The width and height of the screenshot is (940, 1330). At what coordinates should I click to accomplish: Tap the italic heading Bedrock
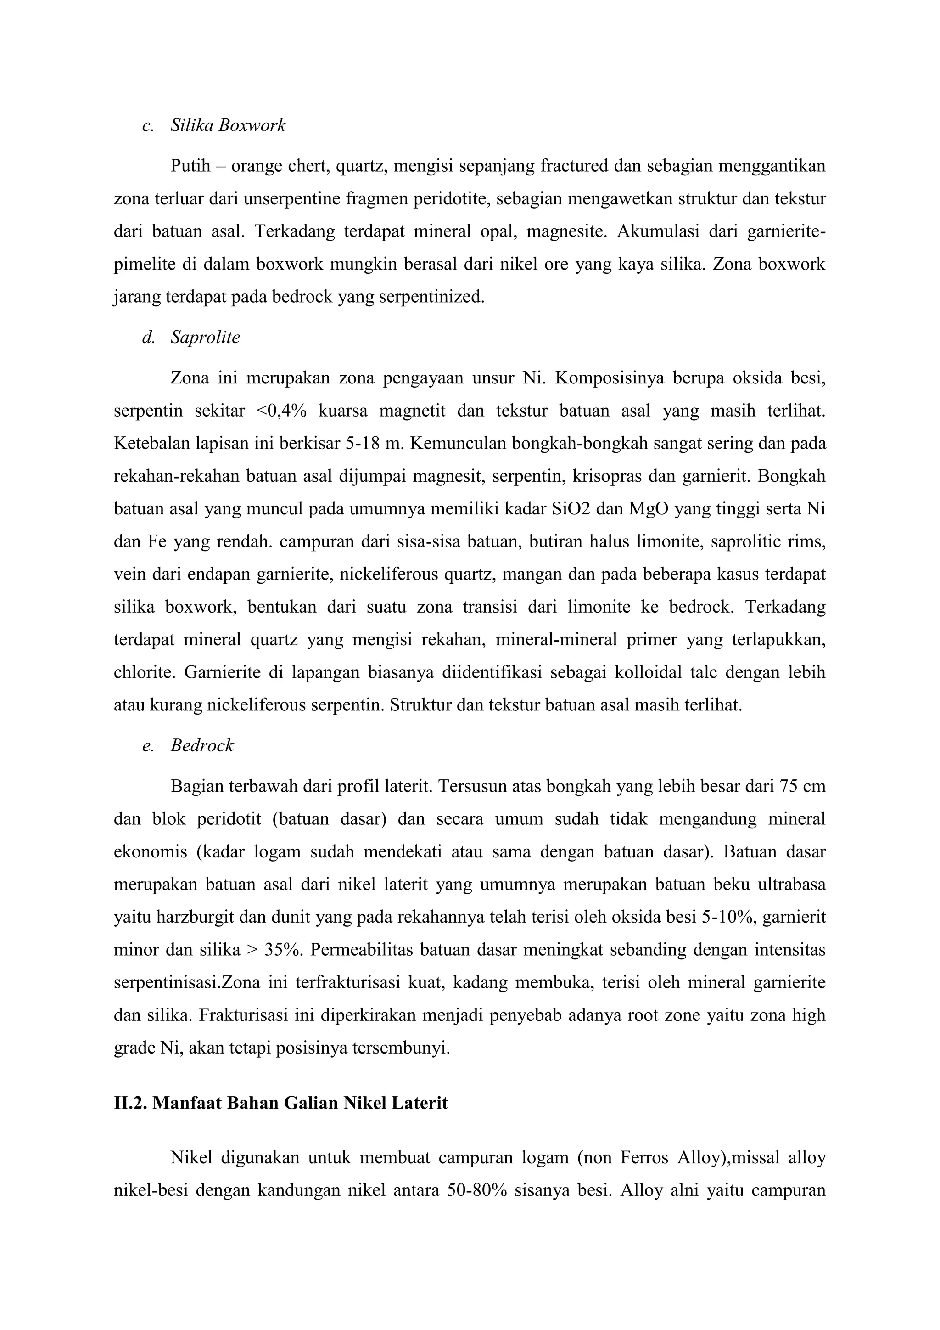click(202, 745)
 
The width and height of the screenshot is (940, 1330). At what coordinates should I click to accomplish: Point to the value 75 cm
click(802, 787)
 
